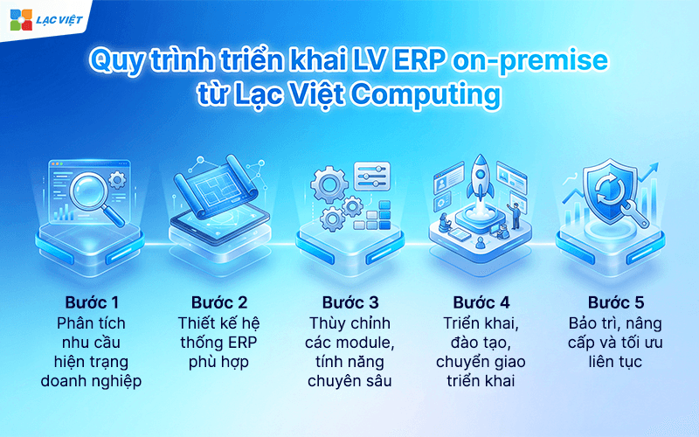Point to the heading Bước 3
click(x=349, y=303)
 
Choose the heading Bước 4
click(x=480, y=303)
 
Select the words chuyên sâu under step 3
click(x=349, y=380)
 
